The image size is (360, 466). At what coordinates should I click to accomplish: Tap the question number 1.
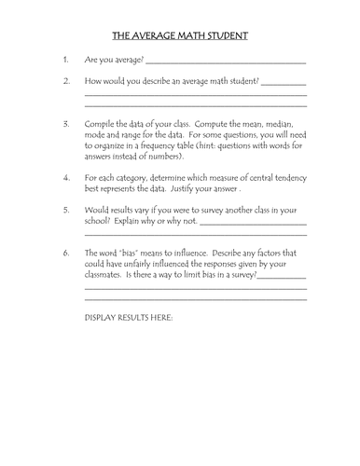click(64, 61)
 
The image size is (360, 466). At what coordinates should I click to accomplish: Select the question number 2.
click(65, 81)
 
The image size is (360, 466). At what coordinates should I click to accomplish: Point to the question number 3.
click(65, 122)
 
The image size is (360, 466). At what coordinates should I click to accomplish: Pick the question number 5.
click(65, 210)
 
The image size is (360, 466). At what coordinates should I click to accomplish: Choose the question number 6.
click(65, 252)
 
